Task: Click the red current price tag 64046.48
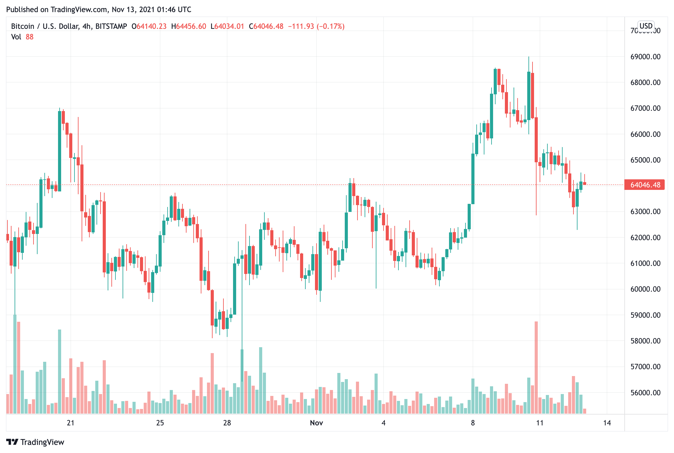(645, 185)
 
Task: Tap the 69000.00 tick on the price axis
(645, 57)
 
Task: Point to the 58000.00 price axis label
(645, 341)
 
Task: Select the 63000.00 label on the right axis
(645, 212)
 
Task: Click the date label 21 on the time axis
(71, 423)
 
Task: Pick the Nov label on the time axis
(317, 423)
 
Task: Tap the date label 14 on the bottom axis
(607, 423)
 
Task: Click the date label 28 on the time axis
(227, 423)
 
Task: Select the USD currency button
(646, 26)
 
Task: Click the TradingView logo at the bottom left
(35, 442)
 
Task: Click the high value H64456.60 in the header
(189, 26)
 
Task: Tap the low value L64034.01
(227, 26)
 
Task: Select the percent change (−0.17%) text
(330, 26)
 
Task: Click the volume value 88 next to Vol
(29, 37)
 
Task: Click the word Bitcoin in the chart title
(23, 26)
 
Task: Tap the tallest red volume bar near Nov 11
(536, 368)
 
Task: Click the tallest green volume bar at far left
(15, 364)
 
